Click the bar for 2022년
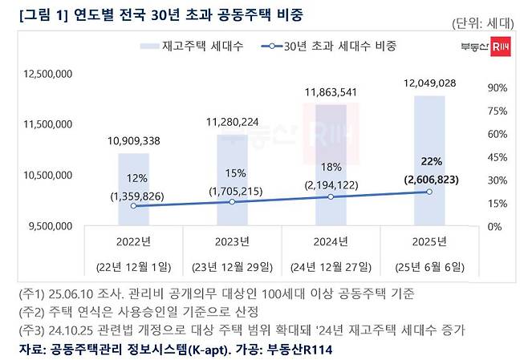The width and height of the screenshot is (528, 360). (133, 189)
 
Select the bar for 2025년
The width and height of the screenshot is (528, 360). (429, 160)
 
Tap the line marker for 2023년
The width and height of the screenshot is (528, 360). (232, 202)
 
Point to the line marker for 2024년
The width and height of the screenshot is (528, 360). (331, 196)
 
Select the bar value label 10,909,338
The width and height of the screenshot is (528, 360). (133, 141)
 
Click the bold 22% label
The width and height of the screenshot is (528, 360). (428, 162)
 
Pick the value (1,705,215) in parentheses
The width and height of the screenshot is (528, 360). (232, 192)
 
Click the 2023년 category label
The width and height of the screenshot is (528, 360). (232, 239)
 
